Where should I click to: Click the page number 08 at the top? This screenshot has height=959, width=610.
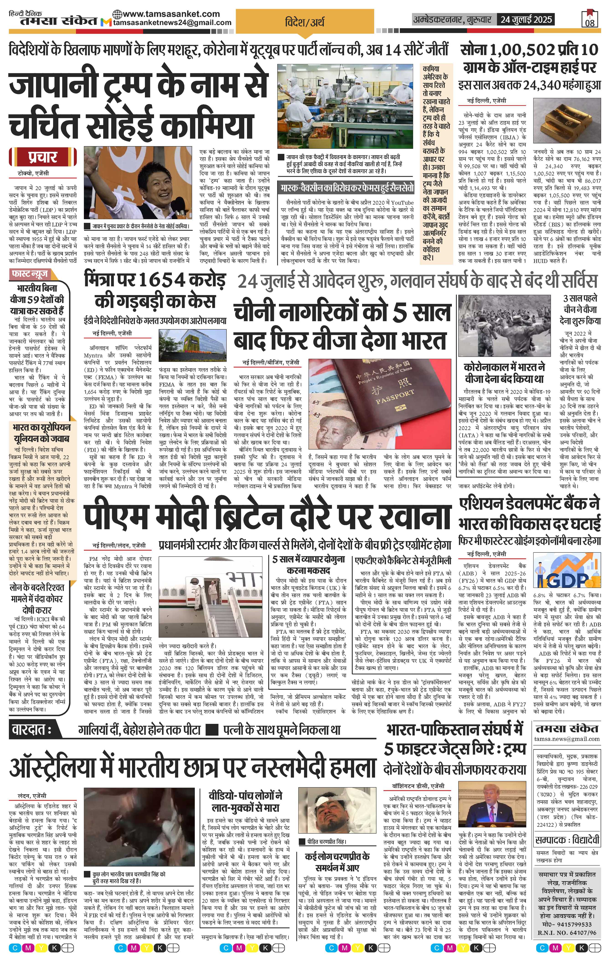point(590,23)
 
